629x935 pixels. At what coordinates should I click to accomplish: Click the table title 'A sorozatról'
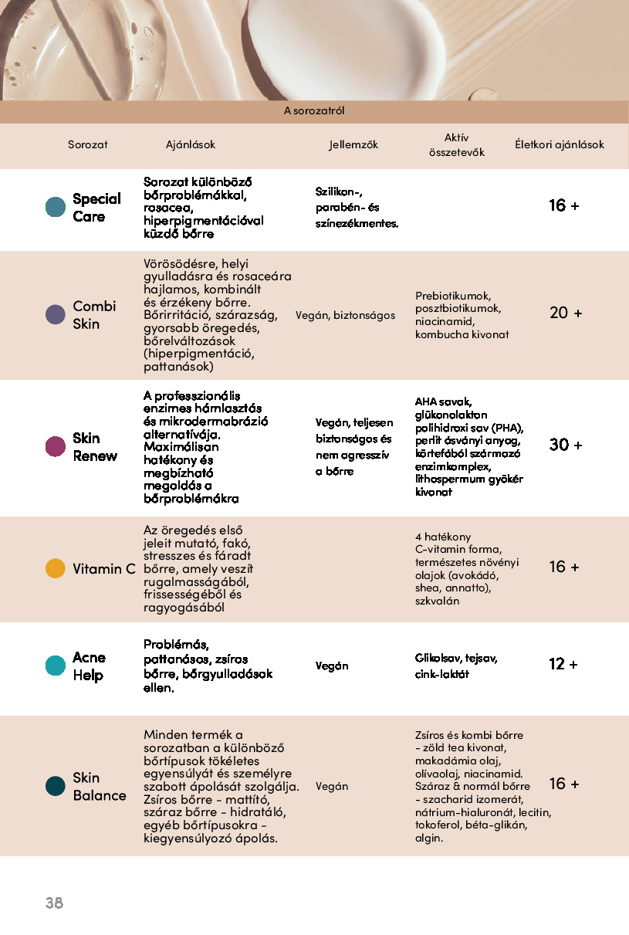pos(314,111)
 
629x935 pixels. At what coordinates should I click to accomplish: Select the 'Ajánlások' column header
pos(191,144)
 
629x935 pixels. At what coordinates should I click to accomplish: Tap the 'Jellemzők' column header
pos(353,144)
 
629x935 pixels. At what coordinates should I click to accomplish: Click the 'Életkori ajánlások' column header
pos(560,144)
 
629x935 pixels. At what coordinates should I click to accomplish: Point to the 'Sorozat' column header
pos(88,144)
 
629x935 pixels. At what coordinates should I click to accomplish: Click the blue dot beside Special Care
pos(56,207)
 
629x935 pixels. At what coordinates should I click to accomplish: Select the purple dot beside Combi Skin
pos(56,314)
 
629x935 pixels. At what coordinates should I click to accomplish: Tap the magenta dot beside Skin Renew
pos(56,446)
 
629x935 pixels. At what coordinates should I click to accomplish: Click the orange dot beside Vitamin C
pos(56,568)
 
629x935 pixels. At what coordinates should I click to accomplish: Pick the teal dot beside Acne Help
pos(56,666)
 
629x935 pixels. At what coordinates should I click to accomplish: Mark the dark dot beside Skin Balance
pos(56,786)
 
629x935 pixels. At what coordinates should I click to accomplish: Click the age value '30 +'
pos(566,445)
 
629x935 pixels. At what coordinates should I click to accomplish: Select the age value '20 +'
pos(566,313)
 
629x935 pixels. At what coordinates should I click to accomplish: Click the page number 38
pos(54,903)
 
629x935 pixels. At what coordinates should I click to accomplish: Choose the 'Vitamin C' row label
pos(104,569)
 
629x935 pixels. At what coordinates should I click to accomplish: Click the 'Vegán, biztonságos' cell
pos(345,315)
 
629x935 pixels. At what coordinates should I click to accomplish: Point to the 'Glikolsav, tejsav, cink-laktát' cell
pos(456,666)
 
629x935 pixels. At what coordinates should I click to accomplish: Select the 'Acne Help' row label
pos(89,666)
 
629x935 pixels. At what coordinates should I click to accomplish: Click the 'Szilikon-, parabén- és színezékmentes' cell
pos(357,207)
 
